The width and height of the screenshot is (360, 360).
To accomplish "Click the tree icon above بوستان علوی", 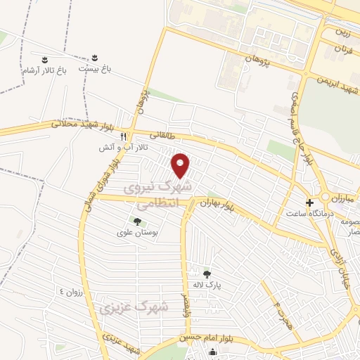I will tap(136, 221).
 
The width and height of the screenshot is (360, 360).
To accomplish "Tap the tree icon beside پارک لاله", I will tap(206, 274).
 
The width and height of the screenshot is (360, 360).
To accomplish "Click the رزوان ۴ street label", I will tap(72, 290).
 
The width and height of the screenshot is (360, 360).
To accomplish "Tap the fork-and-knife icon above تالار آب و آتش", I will tap(123, 137).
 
